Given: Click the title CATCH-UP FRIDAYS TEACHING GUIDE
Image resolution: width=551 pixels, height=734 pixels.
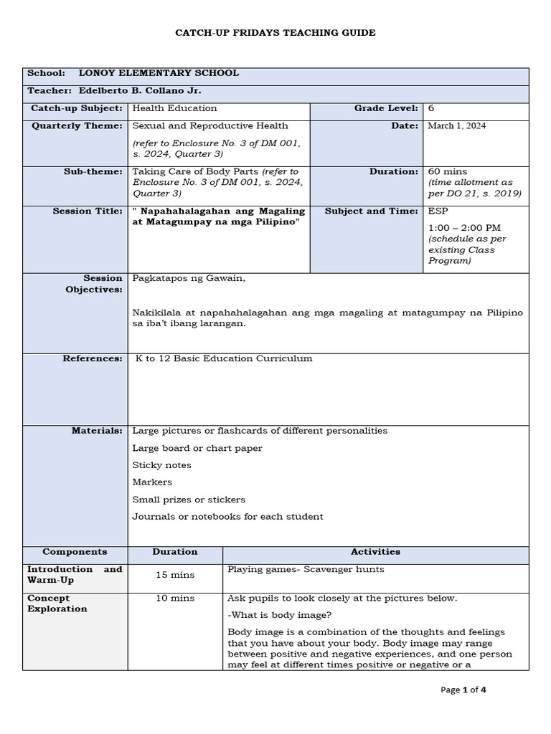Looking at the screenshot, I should [x=275, y=33].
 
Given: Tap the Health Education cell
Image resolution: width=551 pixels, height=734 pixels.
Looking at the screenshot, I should [x=174, y=108].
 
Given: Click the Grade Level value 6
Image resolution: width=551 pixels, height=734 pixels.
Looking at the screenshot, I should [x=431, y=108].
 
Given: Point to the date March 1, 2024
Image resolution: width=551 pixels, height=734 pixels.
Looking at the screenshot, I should [x=457, y=125].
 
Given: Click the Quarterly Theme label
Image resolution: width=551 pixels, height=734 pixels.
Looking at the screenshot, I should [x=77, y=125].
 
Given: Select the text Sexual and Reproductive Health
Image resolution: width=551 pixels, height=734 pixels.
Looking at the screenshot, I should [x=200, y=125].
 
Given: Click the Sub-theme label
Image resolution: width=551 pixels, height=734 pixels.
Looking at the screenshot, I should [x=93, y=172].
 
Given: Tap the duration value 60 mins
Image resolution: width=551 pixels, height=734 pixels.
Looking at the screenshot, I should [x=447, y=172].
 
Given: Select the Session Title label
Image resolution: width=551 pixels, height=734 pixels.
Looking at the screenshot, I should [x=87, y=211].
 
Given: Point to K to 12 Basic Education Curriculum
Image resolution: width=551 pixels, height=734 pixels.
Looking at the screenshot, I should [x=224, y=358].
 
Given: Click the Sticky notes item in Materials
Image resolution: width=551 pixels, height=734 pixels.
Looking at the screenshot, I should [x=161, y=465].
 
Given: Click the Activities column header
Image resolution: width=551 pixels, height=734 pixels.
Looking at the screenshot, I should [x=375, y=552].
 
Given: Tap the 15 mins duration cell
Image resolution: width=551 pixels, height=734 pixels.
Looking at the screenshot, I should [x=175, y=575].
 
